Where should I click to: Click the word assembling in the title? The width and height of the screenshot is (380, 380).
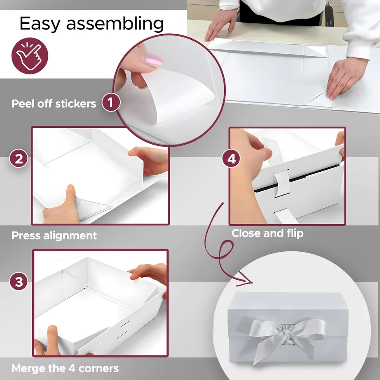[115, 24]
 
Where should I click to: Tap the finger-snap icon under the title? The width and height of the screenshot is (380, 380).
[30, 55]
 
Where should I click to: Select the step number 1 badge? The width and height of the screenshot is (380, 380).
[111, 103]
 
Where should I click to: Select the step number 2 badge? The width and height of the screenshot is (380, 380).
[19, 159]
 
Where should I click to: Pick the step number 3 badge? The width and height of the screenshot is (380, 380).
[19, 282]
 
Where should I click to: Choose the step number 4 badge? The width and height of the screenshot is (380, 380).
[231, 159]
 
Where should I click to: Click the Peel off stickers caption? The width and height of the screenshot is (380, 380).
[54, 104]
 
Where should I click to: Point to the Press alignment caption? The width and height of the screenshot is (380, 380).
[54, 235]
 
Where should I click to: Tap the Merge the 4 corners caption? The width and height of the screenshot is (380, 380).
[65, 368]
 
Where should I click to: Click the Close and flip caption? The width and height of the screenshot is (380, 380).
[267, 233]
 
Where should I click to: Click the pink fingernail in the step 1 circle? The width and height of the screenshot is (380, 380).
[153, 61]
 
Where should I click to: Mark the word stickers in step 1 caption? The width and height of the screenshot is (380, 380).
[76, 104]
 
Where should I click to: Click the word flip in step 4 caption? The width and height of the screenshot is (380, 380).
[294, 233]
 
